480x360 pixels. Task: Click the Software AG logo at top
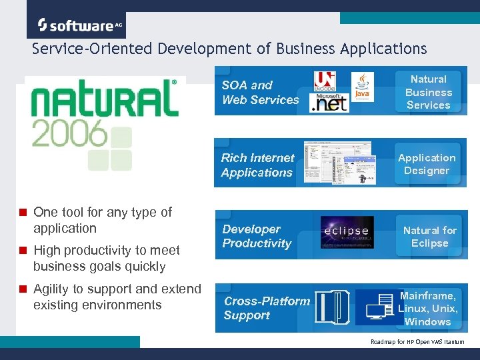coord(80,25)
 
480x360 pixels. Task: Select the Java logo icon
coord(362,86)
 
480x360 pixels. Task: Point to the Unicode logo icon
coord(325,80)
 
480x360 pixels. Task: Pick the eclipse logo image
coord(347,232)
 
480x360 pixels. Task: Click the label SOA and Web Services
coord(260,93)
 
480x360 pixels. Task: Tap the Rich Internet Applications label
coord(257,165)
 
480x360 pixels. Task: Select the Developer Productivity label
coord(257,237)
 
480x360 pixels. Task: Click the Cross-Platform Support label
coord(267,308)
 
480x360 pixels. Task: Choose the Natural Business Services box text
coord(429,92)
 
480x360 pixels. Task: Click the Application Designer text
coord(427,164)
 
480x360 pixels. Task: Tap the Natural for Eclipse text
coord(430,237)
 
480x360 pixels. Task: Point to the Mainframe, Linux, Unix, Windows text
coord(428,309)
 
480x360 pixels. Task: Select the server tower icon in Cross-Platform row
coord(331,307)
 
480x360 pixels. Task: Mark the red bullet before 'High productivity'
coord(23,251)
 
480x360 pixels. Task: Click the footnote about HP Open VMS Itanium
coord(417,341)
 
